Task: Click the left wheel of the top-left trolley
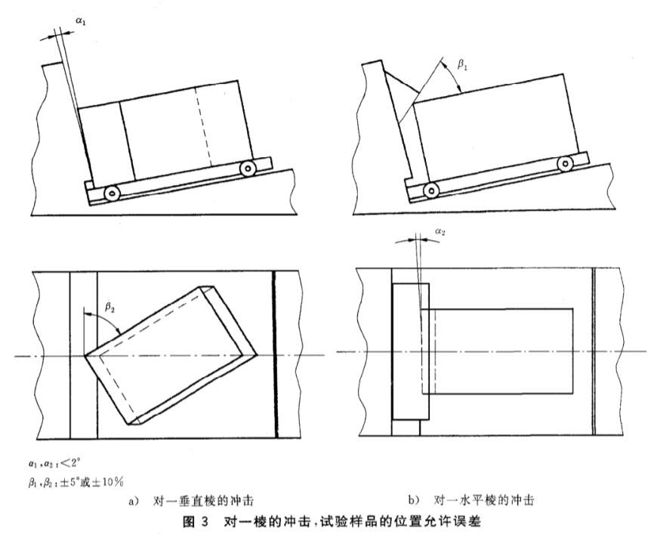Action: click(x=111, y=193)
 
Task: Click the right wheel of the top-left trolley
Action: click(x=247, y=168)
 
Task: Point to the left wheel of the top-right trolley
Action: click(x=431, y=189)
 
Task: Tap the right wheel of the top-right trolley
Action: click(x=563, y=163)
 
